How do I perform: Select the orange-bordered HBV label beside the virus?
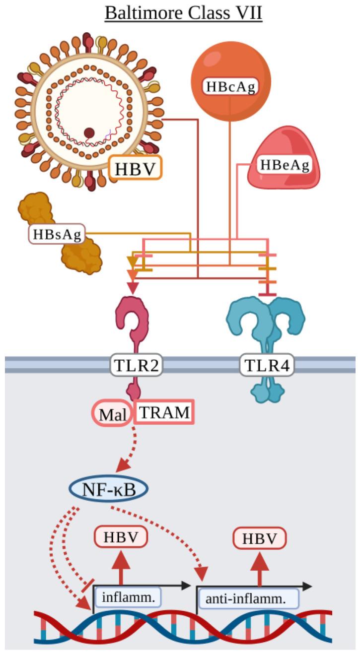click(136, 168)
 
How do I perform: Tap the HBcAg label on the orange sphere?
click(230, 86)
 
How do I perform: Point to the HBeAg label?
click(284, 165)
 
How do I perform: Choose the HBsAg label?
click(57, 233)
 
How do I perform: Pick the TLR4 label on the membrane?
click(267, 366)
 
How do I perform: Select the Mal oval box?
click(111, 414)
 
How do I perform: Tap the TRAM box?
click(163, 413)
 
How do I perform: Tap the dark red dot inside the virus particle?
click(89, 132)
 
